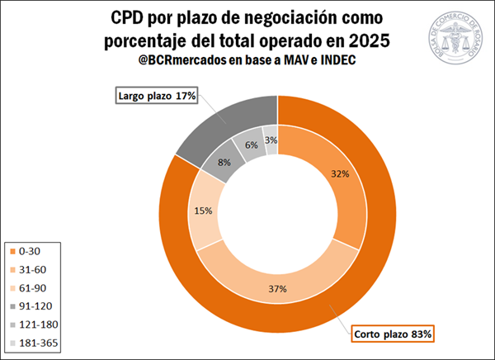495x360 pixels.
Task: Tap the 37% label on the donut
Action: (277, 288)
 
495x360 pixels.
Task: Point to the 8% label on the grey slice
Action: (224, 163)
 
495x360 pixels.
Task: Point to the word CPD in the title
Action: (130, 19)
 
